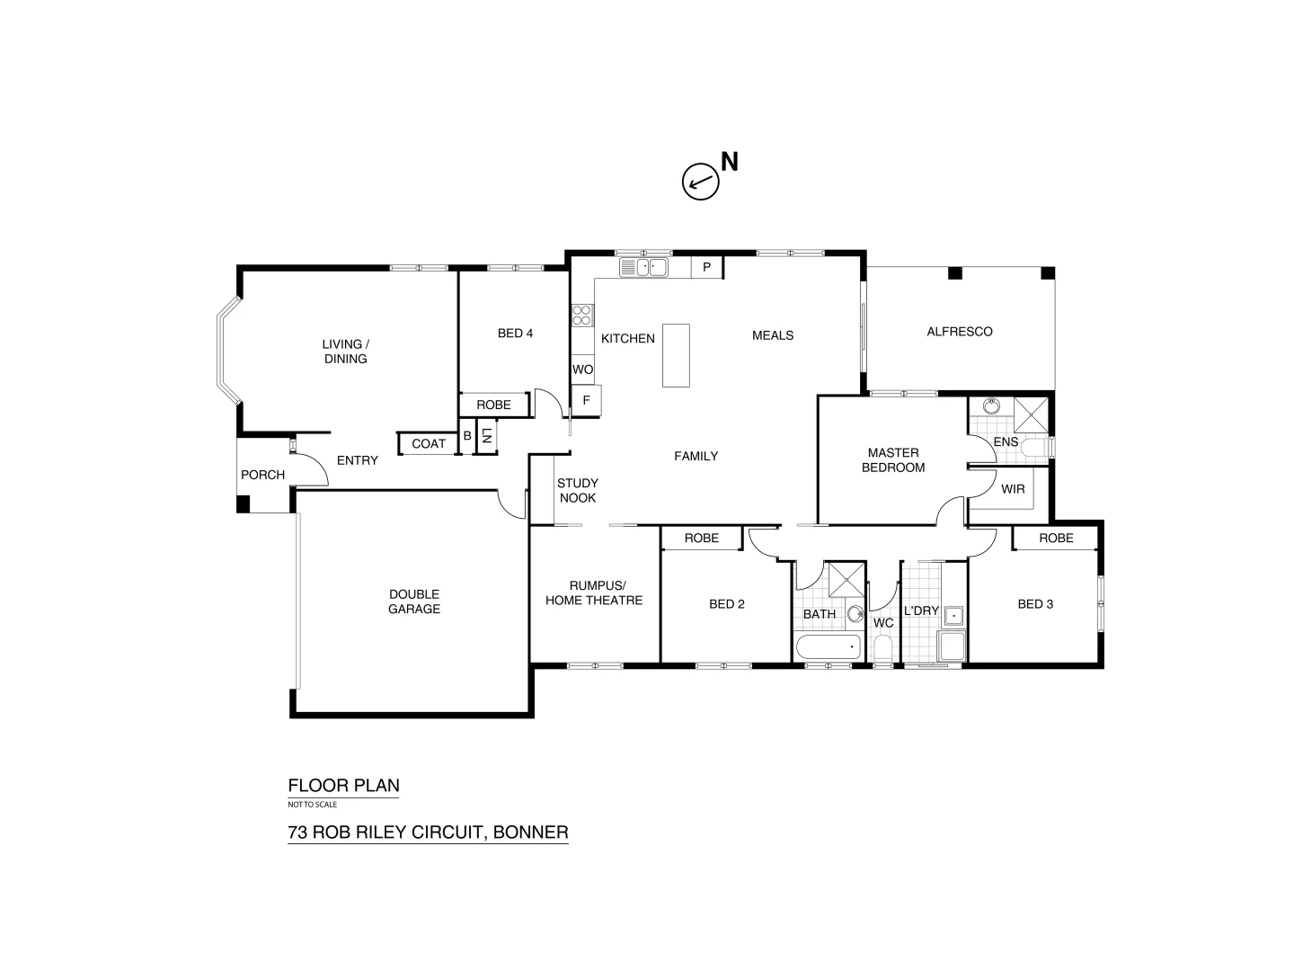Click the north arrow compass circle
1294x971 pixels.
click(x=700, y=182)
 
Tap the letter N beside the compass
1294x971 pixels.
click(x=730, y=162)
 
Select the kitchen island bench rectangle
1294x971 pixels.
click(x=676, y=355)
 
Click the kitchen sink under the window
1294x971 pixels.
click(x=643, y=267)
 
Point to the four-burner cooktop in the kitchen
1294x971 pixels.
click(x=581, y=315)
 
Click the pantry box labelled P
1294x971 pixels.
click(x=707, y=267)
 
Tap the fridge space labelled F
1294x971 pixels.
click(x=586, y=400)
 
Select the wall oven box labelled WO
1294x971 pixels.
click(x=582, y=370)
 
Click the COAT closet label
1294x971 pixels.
click(x=429, y=443)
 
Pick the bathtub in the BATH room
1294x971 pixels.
click(x=828, y=647)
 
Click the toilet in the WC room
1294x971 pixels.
click(x=882, y=650)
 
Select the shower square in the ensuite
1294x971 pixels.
click(x=1031, y=414)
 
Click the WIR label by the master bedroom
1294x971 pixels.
click(x=1013, y=489)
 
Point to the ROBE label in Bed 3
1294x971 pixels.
click(x=1056, y=538)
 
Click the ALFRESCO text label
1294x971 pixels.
click(x=959, y=332)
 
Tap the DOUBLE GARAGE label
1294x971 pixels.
click(x=414, y=601)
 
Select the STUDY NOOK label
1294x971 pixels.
click(x=577, y=491)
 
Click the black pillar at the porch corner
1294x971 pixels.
click(x=243, y=504)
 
